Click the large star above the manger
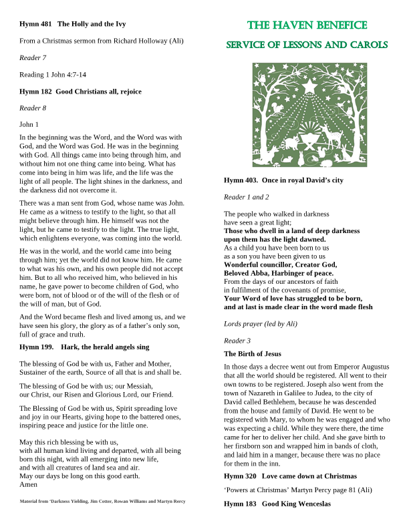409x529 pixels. click(x=309, y=86)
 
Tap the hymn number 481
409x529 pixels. click(x=45, y=24)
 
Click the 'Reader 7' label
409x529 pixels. click(x=33, y=57)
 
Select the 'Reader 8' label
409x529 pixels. click(x=33, y=108)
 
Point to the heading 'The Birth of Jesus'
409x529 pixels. click(x=252, y=353)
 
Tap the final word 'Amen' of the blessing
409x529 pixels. click(x=29, y=484)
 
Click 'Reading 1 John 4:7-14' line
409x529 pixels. click(x=53, y=74)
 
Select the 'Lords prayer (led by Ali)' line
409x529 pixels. click(x=260, y=324)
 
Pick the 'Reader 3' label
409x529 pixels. click(x=237, y=341)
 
